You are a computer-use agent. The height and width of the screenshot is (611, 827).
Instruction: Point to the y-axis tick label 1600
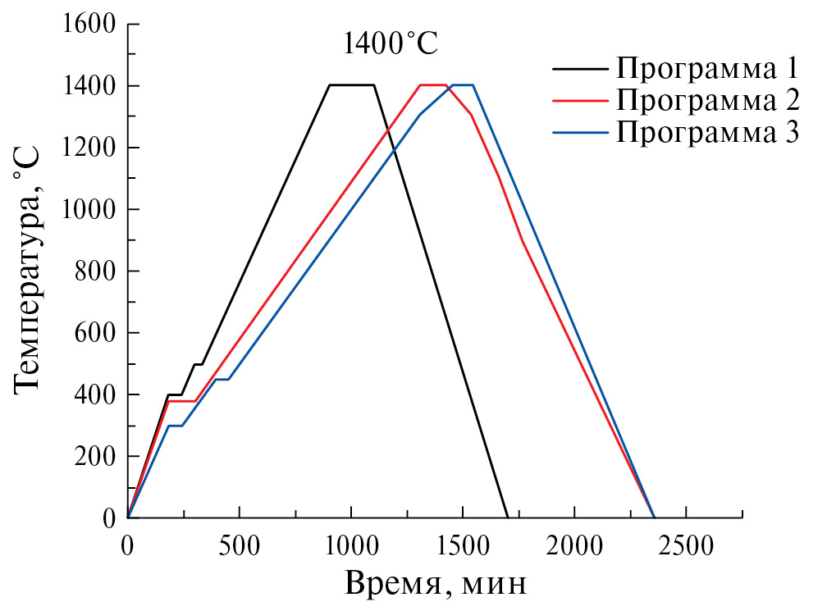pos(89,24)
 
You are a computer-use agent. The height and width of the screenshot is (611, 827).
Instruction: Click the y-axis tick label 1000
pos(89,209)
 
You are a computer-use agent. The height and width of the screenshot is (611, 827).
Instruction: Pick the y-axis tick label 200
pos(97,456)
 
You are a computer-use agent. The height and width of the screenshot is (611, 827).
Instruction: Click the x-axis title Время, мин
pos(435,584)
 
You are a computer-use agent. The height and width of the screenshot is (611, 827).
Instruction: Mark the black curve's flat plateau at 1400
pos(351,84)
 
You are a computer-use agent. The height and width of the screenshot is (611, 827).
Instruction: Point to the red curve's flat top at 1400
pos(432,84)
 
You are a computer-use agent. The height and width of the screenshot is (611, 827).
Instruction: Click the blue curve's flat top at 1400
pos(463,84)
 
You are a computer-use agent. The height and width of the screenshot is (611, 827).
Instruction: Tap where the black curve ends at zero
pos(507,518)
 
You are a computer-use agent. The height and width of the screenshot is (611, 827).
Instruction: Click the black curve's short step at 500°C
pos(198,364)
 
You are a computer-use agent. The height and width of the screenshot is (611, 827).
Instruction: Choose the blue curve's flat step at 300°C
pos(175,426)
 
